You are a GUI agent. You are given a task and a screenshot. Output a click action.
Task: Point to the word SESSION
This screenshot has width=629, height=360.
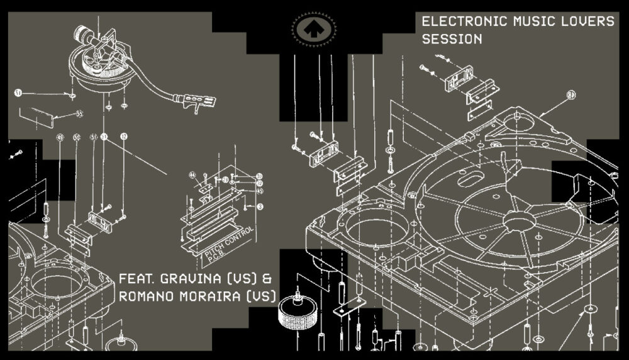(452, 39)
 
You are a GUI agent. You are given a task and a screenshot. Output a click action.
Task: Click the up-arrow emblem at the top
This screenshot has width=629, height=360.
(313, 27)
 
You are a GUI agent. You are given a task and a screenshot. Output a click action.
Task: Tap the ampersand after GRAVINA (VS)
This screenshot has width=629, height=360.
(267, 278)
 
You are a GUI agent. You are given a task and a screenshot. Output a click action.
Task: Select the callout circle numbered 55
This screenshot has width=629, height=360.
(79, 114)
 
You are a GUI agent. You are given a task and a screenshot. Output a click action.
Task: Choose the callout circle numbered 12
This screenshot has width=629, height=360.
(123, 136)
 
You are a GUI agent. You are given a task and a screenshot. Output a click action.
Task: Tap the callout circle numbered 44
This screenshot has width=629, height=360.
(194, 174)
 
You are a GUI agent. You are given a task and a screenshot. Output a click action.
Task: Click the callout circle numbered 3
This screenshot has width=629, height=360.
(259, 206)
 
